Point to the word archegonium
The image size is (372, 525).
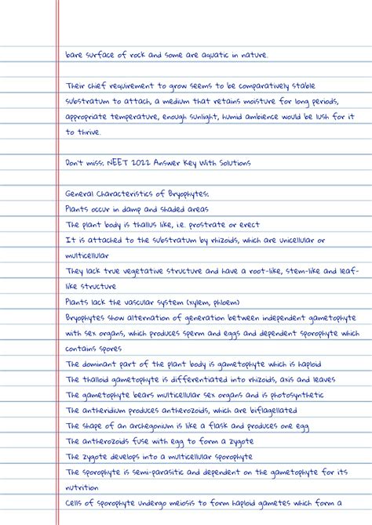coord(157,426)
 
